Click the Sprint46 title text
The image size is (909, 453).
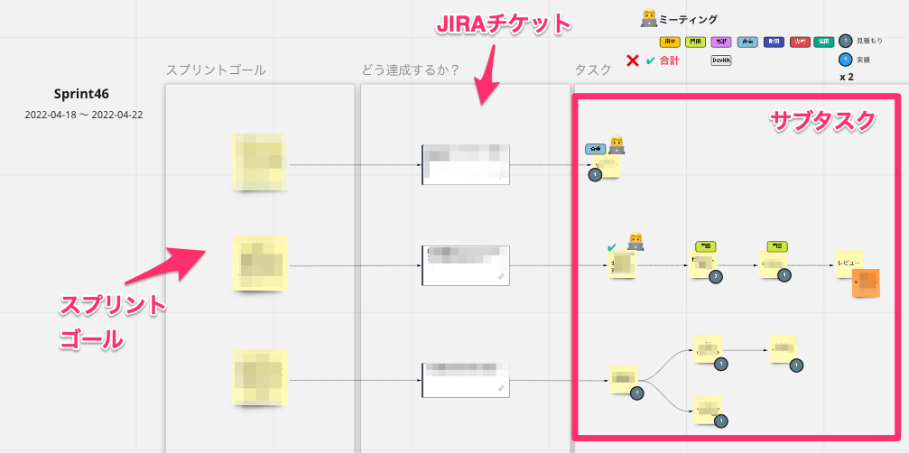82,94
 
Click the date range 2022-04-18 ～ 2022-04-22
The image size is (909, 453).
84,115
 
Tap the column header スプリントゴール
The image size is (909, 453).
216,70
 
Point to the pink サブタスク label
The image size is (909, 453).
821,121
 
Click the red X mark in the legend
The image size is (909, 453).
633,61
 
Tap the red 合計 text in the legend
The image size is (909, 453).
669,61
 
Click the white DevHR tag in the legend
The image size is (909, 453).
721,60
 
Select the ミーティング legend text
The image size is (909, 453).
689,19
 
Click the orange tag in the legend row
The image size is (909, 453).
670,42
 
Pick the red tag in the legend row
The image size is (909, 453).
799,42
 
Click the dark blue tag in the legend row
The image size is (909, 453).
773,42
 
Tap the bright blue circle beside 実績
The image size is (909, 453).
845,60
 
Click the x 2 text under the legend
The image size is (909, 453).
847,78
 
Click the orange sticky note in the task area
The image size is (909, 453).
867,282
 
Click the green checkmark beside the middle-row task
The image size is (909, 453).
612,246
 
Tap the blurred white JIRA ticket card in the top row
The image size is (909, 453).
466,164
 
